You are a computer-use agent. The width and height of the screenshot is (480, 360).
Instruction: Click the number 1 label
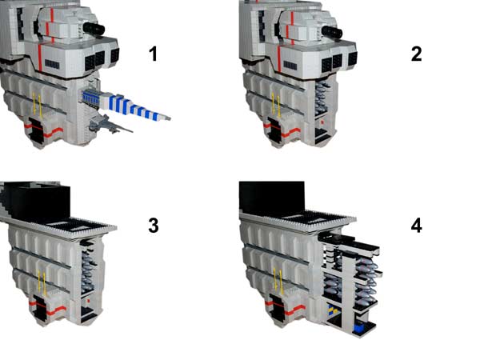(154, 54)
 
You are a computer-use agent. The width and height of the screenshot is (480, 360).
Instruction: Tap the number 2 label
(416, 54)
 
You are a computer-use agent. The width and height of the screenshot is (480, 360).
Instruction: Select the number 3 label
(154, 226)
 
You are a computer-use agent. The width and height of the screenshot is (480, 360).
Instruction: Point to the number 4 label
(416, 226)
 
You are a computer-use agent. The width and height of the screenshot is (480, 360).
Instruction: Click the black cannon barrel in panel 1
(94, 30)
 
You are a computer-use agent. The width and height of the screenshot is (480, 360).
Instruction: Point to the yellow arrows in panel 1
(37, 103)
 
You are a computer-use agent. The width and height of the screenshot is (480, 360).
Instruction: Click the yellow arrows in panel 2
(275, 106)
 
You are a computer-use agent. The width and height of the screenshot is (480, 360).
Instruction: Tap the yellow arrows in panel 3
(42, 283)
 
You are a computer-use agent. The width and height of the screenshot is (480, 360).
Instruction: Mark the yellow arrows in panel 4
(278, 280)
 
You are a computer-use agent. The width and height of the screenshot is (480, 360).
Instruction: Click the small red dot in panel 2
(322, 122)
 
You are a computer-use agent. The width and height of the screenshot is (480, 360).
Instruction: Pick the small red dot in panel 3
(89, 301)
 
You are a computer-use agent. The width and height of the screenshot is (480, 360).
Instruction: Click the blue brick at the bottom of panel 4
(358, 328)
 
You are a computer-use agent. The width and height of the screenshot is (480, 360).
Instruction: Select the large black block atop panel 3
(38, 202)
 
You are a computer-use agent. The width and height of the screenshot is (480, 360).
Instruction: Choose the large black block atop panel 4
(272, 197)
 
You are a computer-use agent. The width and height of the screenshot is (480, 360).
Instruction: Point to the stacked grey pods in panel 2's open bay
(322, 97)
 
